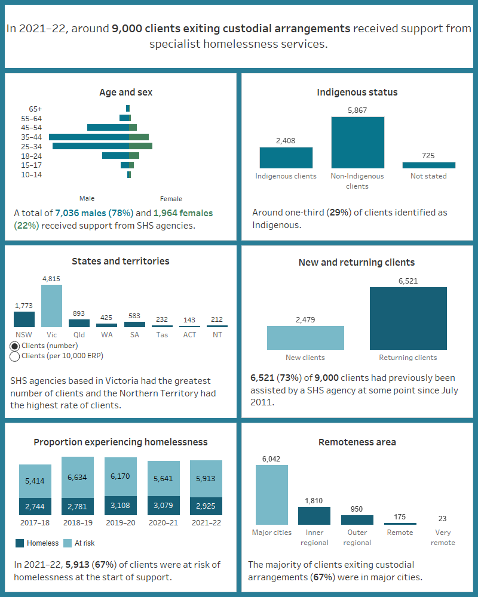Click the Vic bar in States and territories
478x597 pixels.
51,306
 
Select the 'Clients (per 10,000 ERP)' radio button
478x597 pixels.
15,356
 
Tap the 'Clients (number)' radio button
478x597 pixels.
15,346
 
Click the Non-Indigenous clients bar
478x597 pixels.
357,143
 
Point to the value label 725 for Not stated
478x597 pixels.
428,156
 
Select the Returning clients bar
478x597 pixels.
408,318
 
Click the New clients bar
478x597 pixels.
305,337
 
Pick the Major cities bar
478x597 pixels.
271,495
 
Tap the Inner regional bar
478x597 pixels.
314,516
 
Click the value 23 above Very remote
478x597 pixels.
442,519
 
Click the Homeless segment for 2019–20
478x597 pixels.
121,506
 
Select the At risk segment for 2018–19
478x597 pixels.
78,477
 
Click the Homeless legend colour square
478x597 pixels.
20,543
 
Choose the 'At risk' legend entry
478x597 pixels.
78,543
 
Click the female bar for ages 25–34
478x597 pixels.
140,146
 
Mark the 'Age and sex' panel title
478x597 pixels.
125,93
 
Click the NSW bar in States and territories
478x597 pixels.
24,319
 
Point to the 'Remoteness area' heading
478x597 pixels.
357,442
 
